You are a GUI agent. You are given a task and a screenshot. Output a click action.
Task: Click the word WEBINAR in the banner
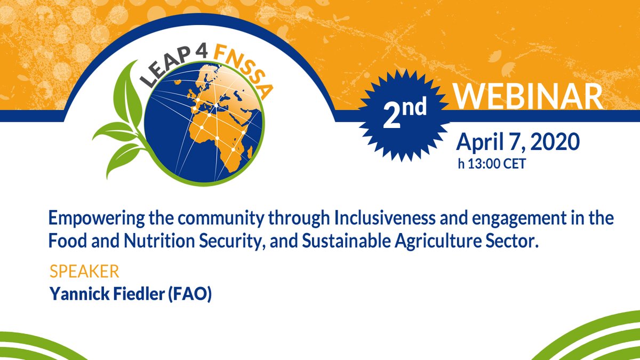coord(529,97)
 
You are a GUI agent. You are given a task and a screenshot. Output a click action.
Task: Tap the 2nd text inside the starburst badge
coord(405,112)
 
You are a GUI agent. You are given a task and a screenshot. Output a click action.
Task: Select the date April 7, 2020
coord(518,142)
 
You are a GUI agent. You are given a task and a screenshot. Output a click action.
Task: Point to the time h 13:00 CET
coord(492,164)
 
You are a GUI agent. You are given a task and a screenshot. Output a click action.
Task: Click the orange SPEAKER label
coord(84,271)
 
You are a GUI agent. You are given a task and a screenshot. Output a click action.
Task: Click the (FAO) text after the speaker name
coord(190,294)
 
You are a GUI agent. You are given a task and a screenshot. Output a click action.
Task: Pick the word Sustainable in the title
coord(346,241)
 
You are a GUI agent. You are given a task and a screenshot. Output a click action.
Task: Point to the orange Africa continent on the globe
coord(220,140)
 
